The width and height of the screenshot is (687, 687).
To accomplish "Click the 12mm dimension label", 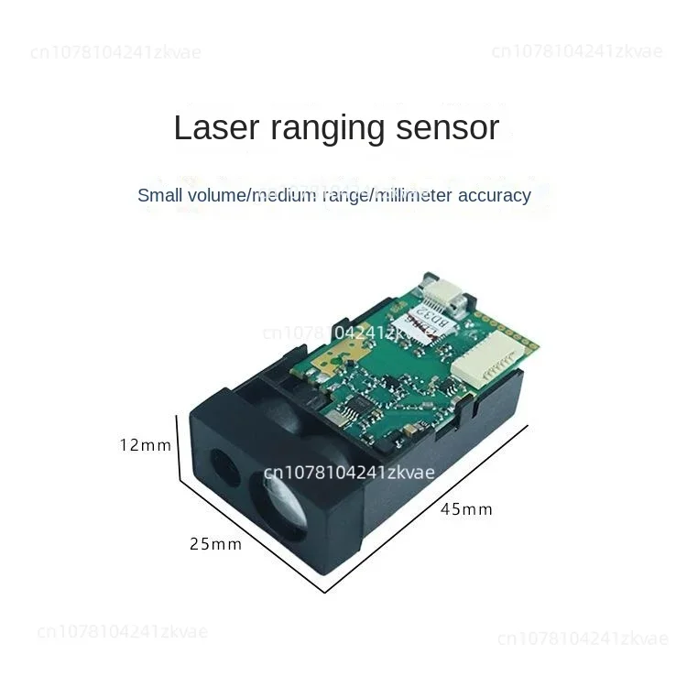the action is click(x=146, y=445).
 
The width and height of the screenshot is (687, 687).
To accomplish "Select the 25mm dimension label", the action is click(x=215, y=544).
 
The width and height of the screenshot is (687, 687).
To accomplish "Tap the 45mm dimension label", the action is click(x=465, y=509).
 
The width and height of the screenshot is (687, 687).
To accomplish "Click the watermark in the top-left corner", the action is click(x=115, y=52).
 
